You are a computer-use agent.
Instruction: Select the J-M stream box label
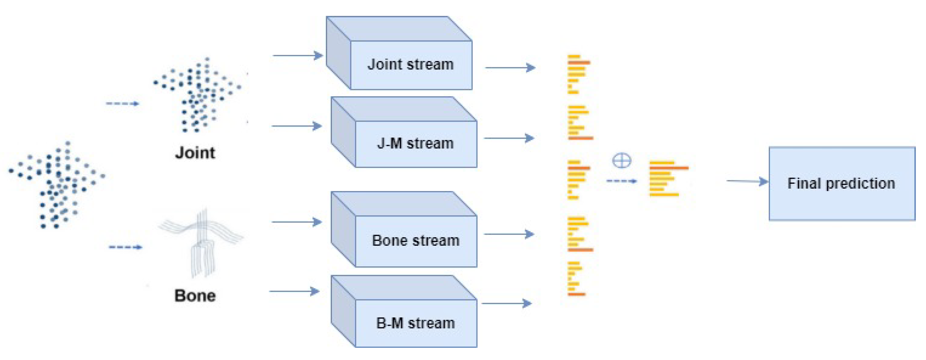click(x=415, y=144)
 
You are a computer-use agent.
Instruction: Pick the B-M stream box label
click(x=415, y=323)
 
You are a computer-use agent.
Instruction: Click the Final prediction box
click(x=842, y=184)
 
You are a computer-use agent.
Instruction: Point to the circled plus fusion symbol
click(x=621, y=161)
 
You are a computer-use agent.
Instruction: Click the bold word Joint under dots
click(x=195, y=153)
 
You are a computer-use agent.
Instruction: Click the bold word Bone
click(x=195, y=296)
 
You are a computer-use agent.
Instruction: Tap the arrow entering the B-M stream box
click(x=294, y=291)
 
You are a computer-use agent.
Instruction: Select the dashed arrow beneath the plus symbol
click(x=621, y=181)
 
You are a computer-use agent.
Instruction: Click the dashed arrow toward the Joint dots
click(x=122, y=103)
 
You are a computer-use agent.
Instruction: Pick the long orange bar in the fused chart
click(x=676, y=168)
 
